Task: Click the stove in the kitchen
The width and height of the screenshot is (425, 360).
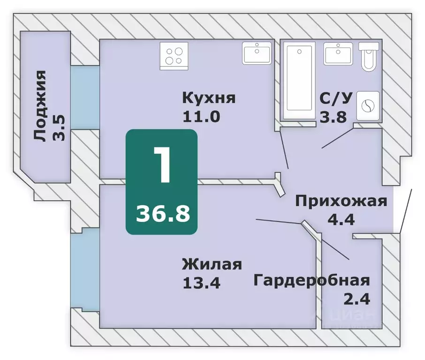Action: click(x=174, y=54)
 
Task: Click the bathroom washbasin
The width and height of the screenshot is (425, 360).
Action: click(x=338, y=53)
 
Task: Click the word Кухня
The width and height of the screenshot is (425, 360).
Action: click(x=208, y=99)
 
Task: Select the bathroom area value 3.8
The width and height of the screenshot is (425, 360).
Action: click(x=333, y=117)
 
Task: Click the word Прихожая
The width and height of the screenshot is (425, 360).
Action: click(x=341, y=201)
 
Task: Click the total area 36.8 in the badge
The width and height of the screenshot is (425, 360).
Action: click(x=163, y=214)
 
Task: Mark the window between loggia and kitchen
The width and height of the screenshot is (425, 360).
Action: click(x=85, y=97)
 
